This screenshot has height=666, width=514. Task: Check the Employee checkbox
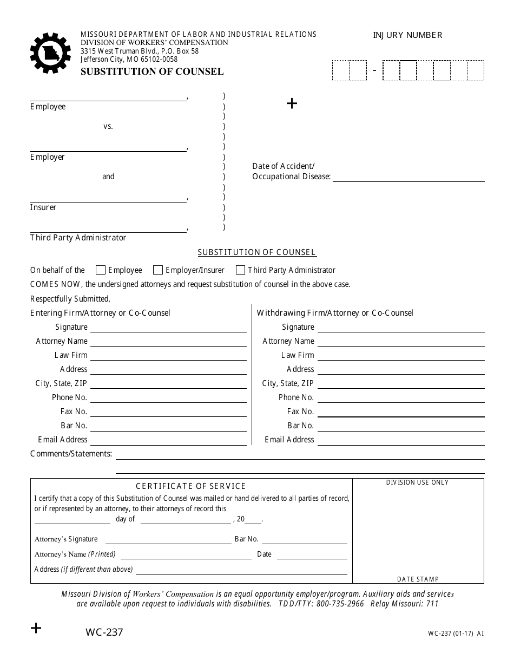tap(100, 270)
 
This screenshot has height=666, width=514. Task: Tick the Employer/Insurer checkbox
tap(158, 270)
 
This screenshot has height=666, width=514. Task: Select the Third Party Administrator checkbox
tap(240, 270)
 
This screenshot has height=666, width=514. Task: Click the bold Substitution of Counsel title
tap(152, 71)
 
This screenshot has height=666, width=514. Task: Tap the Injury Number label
tap(407, 35)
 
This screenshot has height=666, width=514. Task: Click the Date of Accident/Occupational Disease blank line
tap(408, 180)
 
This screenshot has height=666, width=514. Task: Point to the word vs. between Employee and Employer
tap(108, 126)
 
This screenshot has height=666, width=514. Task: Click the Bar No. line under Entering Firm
tap(168, 430)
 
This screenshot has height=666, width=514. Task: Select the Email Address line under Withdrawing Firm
tap(400, 444)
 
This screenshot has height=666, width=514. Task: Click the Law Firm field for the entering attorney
tap(168, 360)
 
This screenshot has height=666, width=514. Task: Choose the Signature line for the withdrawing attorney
tap(400, 331)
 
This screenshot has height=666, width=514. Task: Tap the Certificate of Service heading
tap(190, 486)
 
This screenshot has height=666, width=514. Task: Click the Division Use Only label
tap(417, 482)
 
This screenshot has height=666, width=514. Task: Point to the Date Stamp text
tap(418, 579)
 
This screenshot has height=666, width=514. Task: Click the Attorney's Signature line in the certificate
tap(168, 543)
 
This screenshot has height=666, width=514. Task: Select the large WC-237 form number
tap(104, 632)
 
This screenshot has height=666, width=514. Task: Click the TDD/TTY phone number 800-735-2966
tap(340, 604)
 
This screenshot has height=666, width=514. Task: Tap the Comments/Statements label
tap(71, 454)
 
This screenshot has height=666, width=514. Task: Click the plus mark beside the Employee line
tap(292, 103)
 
